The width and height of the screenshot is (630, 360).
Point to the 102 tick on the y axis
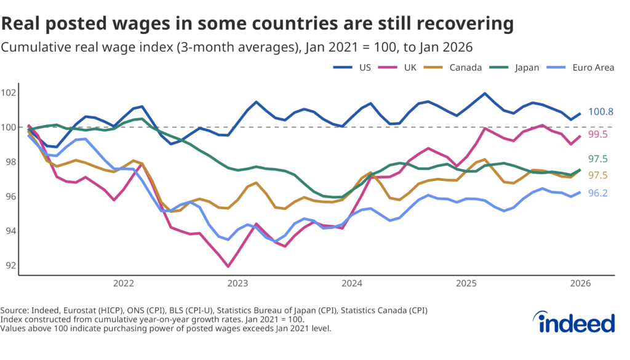[x=9, y=93]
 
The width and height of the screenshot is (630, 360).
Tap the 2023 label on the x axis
[x=237, y=284]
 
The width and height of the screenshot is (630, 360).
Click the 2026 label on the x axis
[x=580, y=284]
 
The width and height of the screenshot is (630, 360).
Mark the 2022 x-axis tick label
[x=123, y=284]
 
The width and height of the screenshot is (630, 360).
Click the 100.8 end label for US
[x=600, y=112]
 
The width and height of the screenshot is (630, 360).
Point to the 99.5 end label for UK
[x=599, y=134]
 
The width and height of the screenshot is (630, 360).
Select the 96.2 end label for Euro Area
[x=599, y=193]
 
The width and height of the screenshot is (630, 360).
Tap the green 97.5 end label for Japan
[x=599, y=159]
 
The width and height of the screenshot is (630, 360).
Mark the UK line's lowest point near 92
[x=228, y=266]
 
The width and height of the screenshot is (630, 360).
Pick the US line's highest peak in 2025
[x=485, y=94]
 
